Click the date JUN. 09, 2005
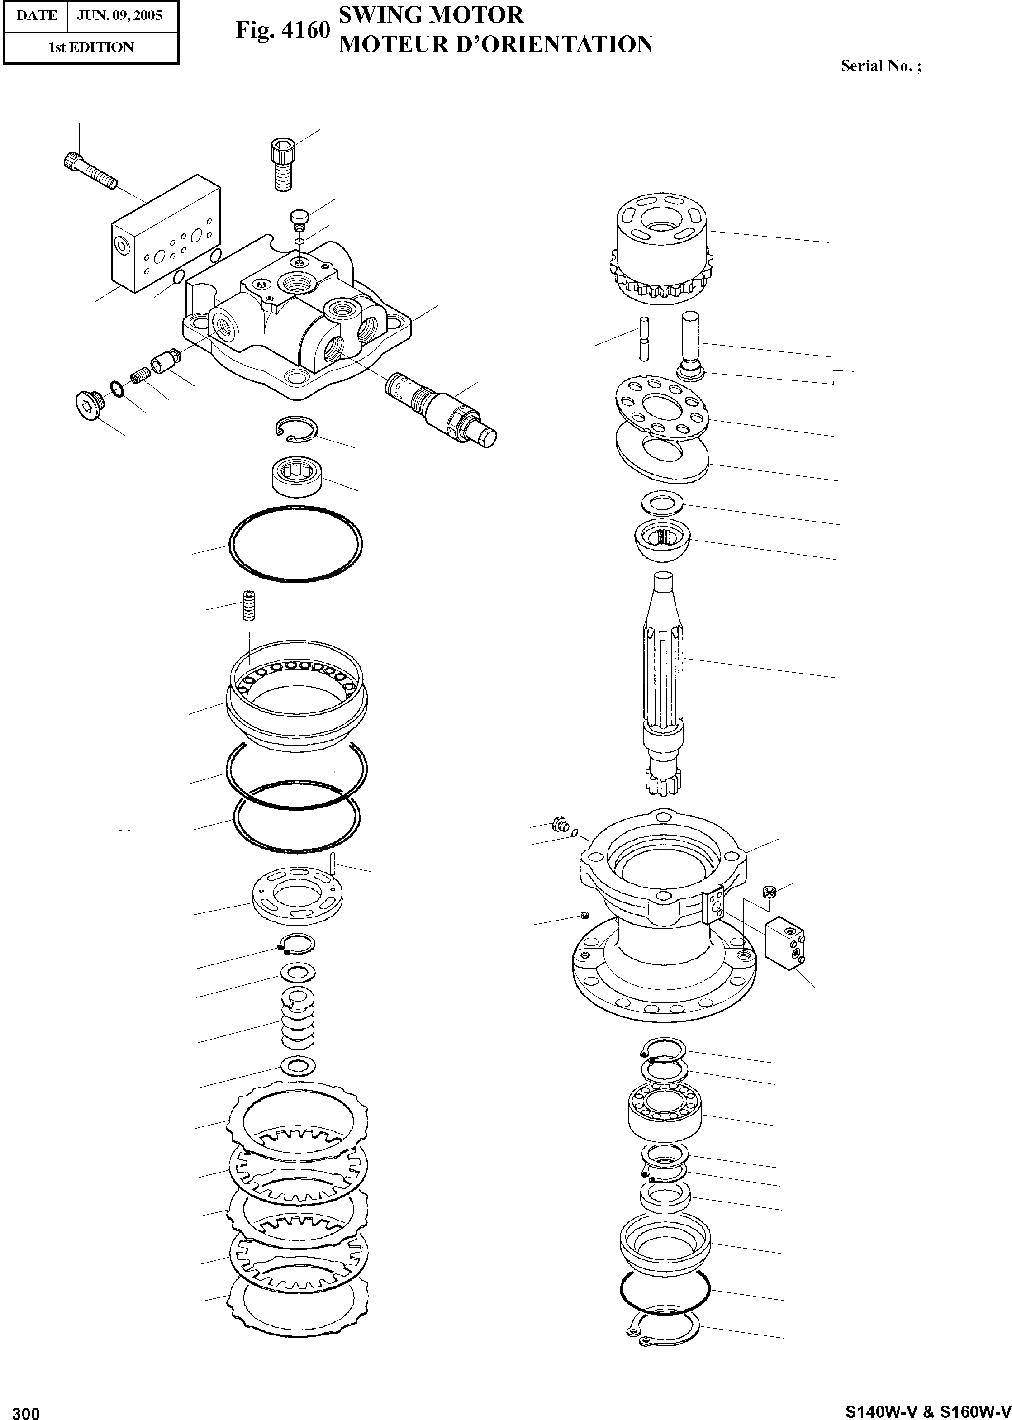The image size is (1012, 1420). tap(119, 15)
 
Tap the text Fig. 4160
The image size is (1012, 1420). tap(282, 29)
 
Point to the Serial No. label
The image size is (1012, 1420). tap(880, 66)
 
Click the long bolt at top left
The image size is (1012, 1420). tap(90, 170)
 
